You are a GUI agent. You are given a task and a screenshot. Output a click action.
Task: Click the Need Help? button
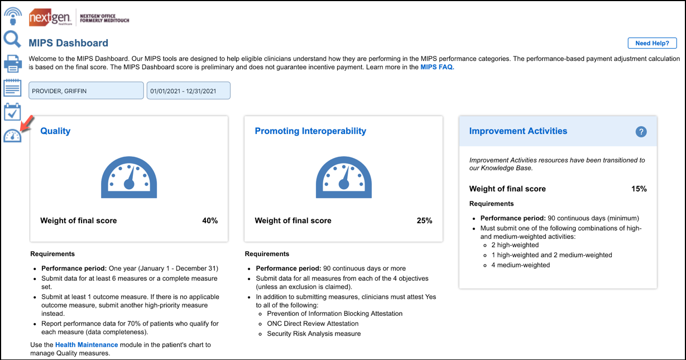(x=652, y=44)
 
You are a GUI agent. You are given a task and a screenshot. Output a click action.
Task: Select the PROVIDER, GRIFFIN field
(x=86, y=91)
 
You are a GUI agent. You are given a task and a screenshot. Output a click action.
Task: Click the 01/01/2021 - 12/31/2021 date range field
(x=189, y=91)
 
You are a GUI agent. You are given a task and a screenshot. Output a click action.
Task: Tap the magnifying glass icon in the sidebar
(x=12, y=39)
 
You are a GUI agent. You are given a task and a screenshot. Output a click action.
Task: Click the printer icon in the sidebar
(x=12, y=64)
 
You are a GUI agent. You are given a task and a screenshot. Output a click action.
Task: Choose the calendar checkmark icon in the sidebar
(x=12, y=112)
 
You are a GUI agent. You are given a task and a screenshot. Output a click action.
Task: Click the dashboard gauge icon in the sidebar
(x=12, y=135)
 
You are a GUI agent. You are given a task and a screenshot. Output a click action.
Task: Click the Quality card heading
(x=55, y=131)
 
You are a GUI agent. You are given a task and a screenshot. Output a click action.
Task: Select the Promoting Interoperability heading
(x=310, y=131)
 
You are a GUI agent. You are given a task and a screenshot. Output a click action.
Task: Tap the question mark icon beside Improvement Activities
(x=641, y=132)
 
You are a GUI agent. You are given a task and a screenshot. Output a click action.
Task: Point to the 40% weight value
(x=210, y=220)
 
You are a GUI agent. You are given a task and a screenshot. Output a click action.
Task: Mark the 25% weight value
(x=424, y=220)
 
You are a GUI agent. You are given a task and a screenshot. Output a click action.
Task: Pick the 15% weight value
(x=639, y=189)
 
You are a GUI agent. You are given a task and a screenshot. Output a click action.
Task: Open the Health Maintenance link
(x=87, y=345)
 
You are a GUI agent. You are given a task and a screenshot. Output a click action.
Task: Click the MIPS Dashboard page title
(x=69, y=43)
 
